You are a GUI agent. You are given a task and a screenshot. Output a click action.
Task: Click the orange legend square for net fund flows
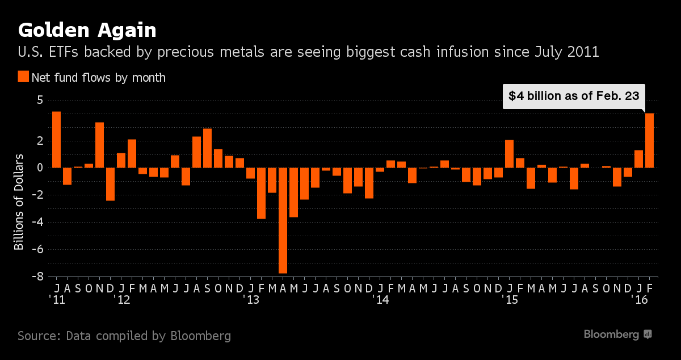[23, 77]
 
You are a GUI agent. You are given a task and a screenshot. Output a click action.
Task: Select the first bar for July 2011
[56, 140]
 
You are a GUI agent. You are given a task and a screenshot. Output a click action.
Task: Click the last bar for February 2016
[650, 140]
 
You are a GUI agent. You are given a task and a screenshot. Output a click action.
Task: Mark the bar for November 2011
[99, 145]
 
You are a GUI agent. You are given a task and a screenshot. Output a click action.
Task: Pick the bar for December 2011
[110, 184]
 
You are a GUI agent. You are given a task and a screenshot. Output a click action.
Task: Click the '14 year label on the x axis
[380, 299]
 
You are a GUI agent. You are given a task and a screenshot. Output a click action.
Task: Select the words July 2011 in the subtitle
[567, 52]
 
